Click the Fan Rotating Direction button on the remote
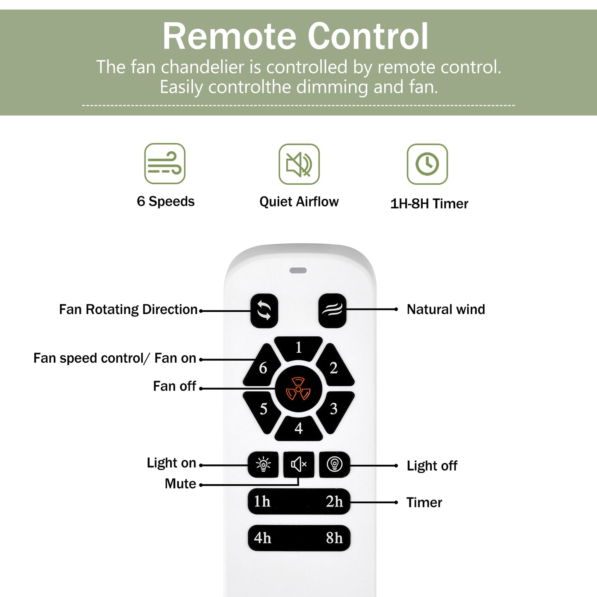coord(264,310)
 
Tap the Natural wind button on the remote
coord(332,310)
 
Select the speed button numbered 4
coord(298,428)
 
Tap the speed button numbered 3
coord(334,409)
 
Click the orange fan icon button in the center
coord(298,389)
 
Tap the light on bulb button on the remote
coord(263,464)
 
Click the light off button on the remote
coord(334,464)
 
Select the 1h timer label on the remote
coord(262,502)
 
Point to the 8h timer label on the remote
coord(334,538)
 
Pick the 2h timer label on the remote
coord(334,502)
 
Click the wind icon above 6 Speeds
coord(165,164)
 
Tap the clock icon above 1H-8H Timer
coord(427,164)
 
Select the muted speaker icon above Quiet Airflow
coord(299,164)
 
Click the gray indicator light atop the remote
coord(298,270)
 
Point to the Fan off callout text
coord(174,386)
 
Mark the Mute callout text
coord(180,483)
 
